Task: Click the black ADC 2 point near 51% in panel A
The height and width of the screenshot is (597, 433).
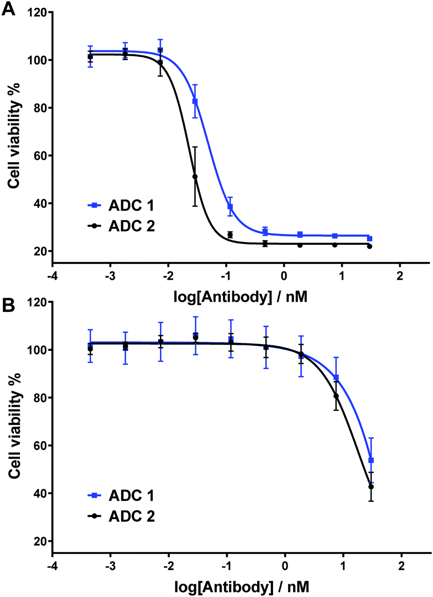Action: [195, 177]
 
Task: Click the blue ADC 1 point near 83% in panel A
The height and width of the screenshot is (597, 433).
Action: [195, 101]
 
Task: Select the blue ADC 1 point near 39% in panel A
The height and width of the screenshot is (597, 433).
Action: [230, 206]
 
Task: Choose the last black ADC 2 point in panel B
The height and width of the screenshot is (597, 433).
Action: [371, 487]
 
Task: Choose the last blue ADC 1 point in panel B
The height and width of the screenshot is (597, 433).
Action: [371, 460]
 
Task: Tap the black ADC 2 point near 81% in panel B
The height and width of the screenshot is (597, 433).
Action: [336, 396]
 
